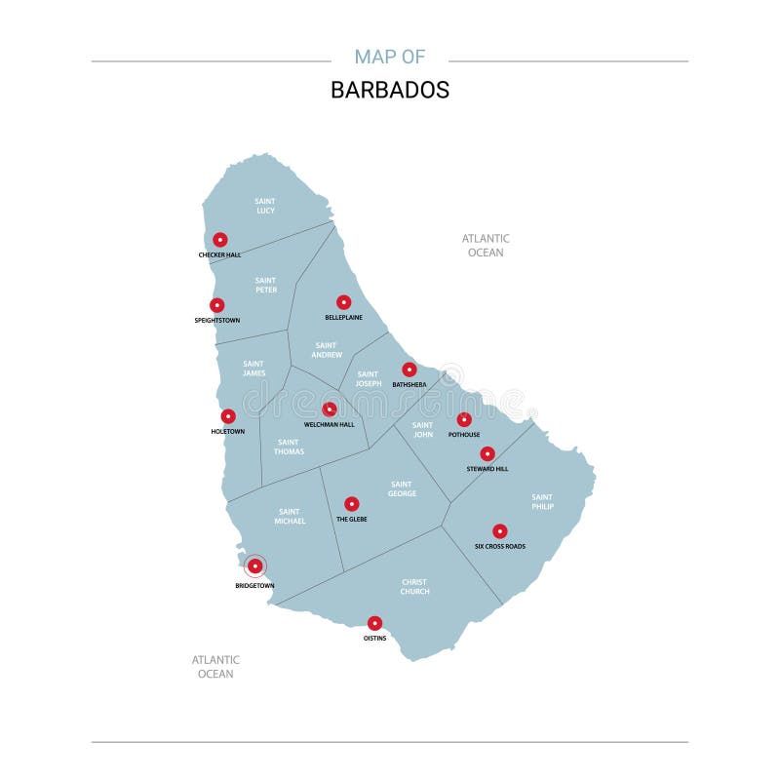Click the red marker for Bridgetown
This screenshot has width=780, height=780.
tap(254, 565)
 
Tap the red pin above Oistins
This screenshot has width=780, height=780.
tap(374, 623)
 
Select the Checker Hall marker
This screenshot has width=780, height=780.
tap(220, 239)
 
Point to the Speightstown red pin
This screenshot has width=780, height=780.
tap(217, 305)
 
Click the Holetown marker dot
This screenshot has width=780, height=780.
tap(228, 416)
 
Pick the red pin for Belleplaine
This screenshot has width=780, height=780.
tap(343, 302)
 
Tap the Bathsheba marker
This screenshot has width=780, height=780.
tap(409, 370)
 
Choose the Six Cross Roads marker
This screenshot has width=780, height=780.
tap(500, 531)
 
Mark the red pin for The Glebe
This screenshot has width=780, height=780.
tap(352, 504)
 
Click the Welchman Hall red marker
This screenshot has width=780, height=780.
tap(330, 409)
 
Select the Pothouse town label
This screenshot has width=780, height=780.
tap(464, 435)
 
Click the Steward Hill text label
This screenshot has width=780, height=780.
tap(487, 469)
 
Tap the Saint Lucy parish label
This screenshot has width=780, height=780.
tap(265, 206)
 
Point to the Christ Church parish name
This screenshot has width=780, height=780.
tap(414, 587)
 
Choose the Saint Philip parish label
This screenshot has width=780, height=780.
tap(542, 501)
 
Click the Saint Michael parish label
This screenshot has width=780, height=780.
tap(290, 516)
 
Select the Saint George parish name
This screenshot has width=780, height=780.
tap(402, 488)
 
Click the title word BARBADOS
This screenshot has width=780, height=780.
tap(390, 90)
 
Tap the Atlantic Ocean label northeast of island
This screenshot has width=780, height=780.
tap(486, 245)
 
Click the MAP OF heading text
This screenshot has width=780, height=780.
tap(390, 57)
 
